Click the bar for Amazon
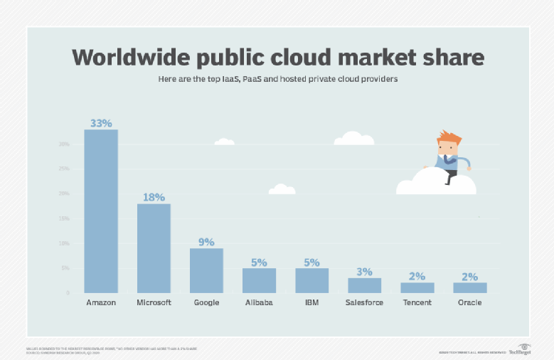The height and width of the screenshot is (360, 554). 101,211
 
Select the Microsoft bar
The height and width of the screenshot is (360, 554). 154,248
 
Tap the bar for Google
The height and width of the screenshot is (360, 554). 206,270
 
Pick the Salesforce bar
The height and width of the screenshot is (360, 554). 364,285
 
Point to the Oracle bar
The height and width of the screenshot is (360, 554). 469,287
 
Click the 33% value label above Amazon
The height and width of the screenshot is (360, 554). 101,123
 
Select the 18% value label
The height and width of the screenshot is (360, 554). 154,197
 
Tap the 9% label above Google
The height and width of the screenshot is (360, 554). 206,242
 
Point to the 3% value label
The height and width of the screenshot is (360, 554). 364,272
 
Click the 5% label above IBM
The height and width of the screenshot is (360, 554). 311,262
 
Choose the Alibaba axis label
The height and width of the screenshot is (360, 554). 259,302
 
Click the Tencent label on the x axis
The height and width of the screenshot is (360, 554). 417,302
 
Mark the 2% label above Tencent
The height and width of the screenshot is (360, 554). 417,277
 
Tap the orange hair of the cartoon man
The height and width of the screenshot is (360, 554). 449,137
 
